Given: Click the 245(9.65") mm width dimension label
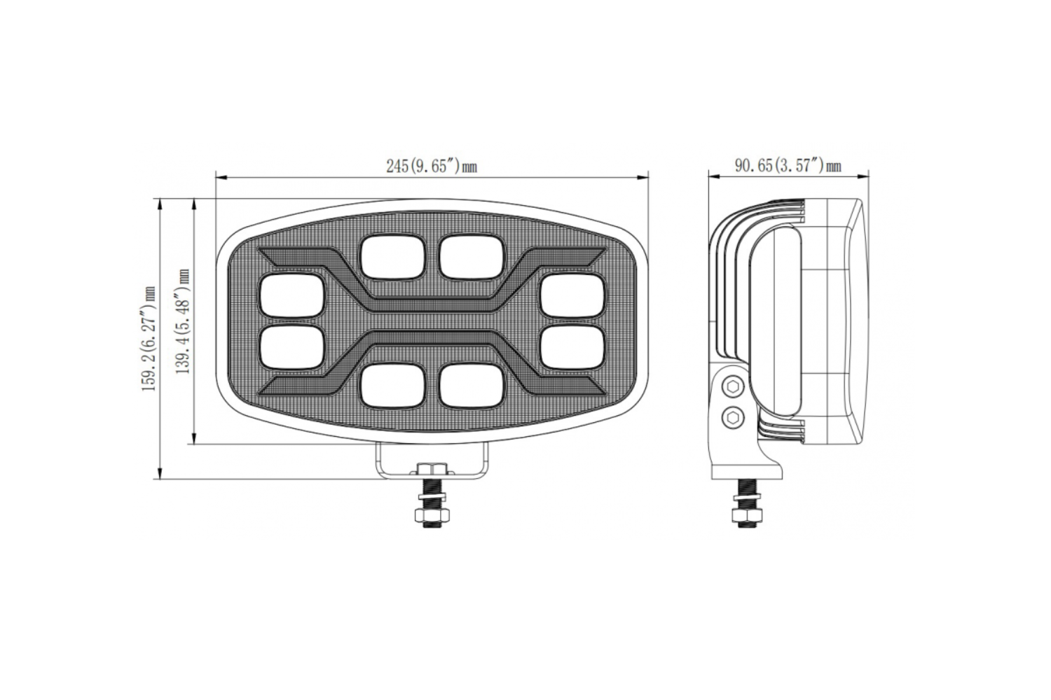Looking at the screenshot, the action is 432,166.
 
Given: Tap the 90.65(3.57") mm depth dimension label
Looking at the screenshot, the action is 788,165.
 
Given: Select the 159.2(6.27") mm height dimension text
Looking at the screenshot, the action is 150,339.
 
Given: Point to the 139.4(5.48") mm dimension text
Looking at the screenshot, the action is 184,321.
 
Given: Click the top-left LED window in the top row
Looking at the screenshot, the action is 394,257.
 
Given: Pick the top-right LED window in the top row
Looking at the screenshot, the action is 473,257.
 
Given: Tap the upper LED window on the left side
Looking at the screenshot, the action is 292,295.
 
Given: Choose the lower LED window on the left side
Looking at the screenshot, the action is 292,347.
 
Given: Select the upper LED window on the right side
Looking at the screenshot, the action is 573,295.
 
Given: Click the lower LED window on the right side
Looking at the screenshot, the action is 573,347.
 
